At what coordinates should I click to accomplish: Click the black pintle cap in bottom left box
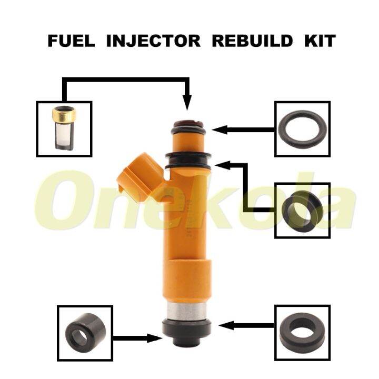[84, 332]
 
